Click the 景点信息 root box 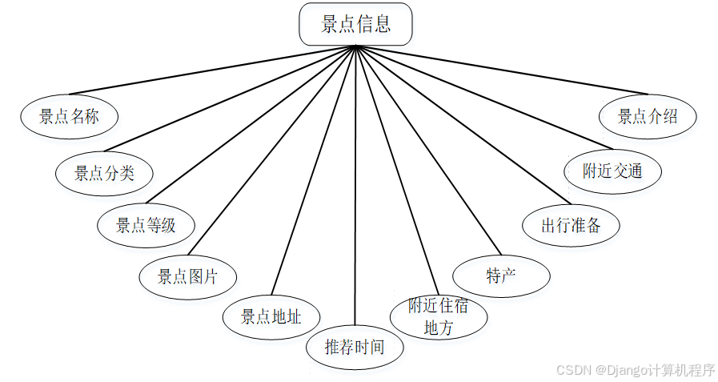point(355,24)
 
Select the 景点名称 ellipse point(69,116)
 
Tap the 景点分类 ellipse point(104,172)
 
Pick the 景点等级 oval point(146,225)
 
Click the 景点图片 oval point(187,277)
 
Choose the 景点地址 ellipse point(271,316)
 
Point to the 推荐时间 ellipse point(355,347)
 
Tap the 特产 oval point(501,276)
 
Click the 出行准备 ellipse point(571,225)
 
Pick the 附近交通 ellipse point(612,171)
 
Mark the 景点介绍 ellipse point(648,116)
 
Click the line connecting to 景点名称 point(212,70)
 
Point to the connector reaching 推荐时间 point(355,184)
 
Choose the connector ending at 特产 point(428,149)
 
